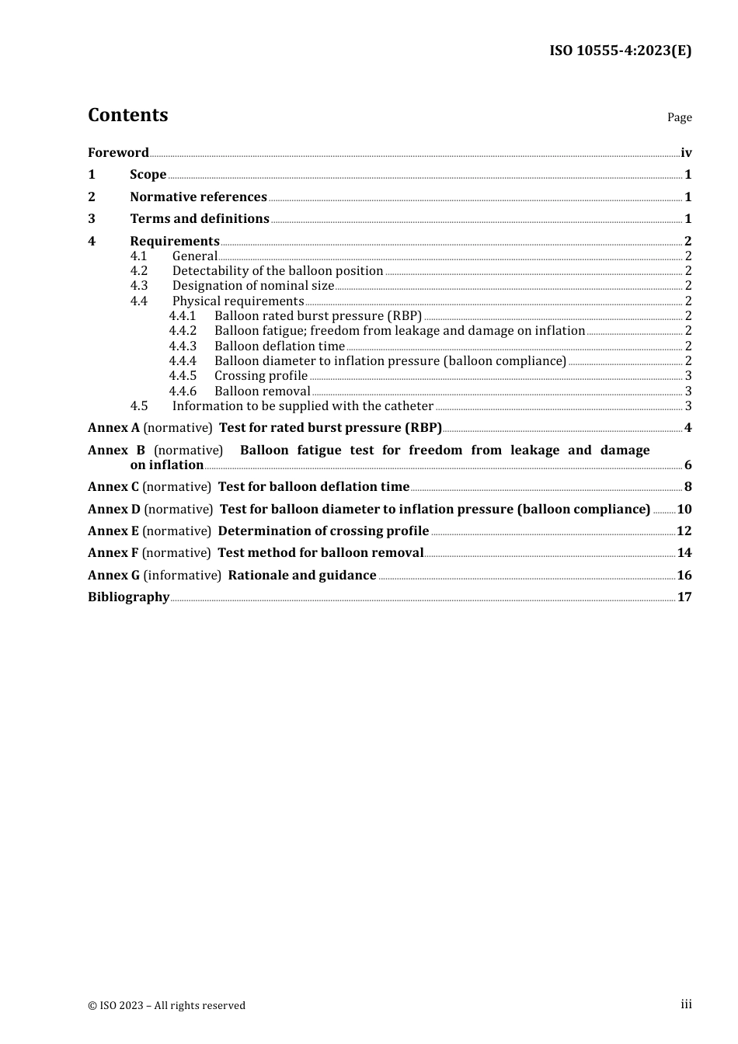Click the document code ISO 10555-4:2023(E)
[x=620, y=50]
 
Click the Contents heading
[x=127, y=115]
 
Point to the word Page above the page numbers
[x=679, y=117]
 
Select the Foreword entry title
[x=118, y=152]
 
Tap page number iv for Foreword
[x=686, y=153]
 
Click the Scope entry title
[x=148, y=175]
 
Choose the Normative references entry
[x=198, y=197]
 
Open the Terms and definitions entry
[x=200, y=219]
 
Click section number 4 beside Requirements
[x=92, y=241]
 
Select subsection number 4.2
[x=138, y=271]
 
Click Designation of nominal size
[x=252, y=286]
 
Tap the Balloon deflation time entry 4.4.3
[x=279, y=346]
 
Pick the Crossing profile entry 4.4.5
[x=260, y=376]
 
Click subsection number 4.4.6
[x=183, y=391]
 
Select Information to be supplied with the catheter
[x=302, y=406]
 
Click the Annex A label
[x=113, y=428]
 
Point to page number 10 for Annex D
[x=684, y=510]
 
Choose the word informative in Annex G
[x=183, y=576]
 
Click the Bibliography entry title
[x=128, y=597]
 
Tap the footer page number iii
[x=686, y=1004]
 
